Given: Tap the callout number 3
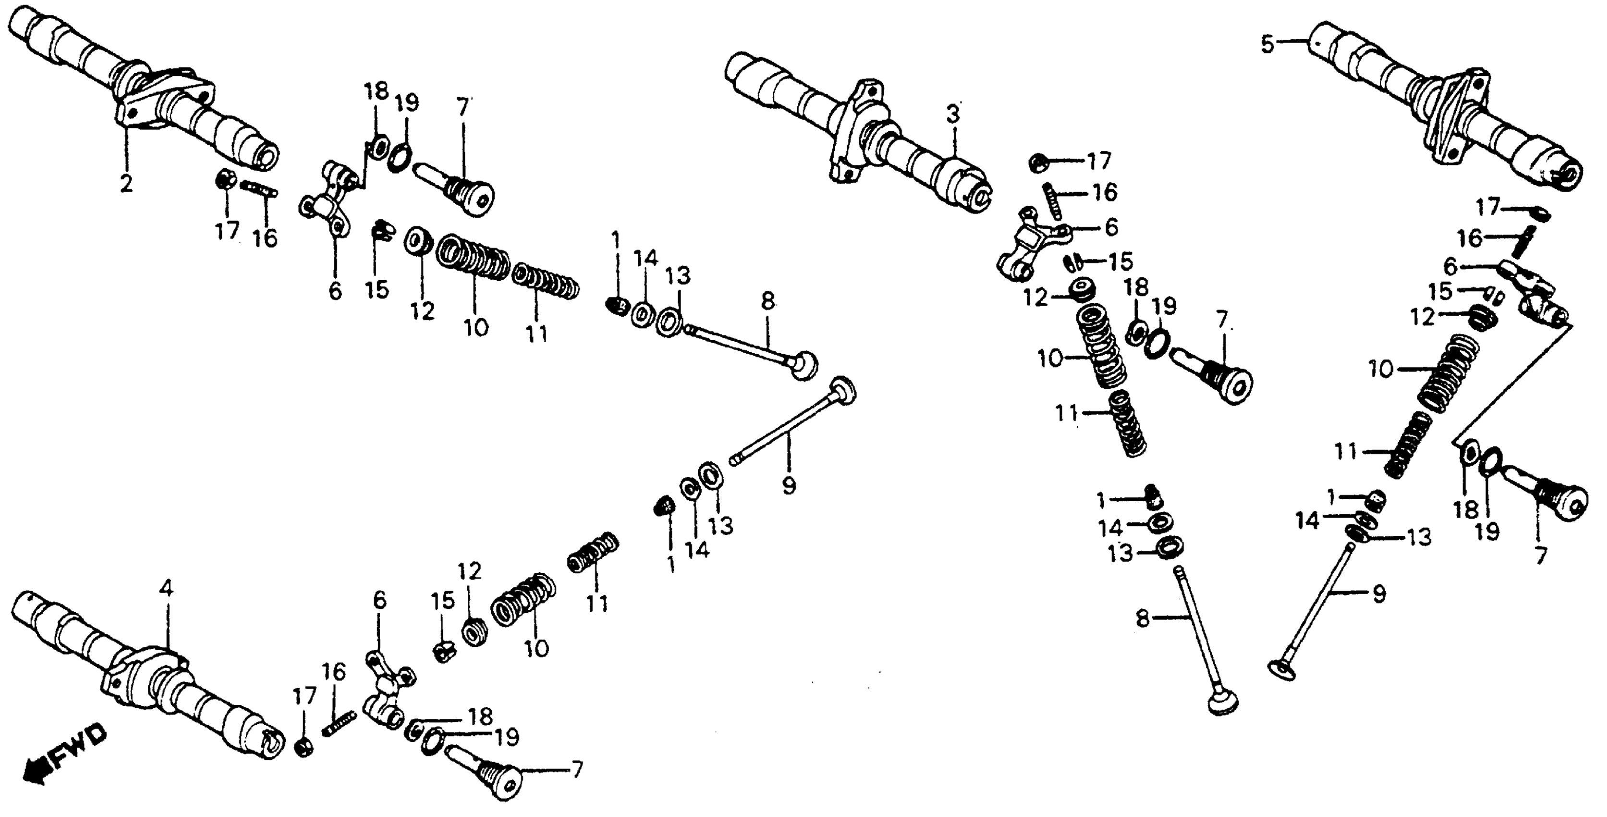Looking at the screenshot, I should (952, 115).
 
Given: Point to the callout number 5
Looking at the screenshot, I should (1267, 45).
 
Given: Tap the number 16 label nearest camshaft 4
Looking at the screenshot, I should (334, 672).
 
